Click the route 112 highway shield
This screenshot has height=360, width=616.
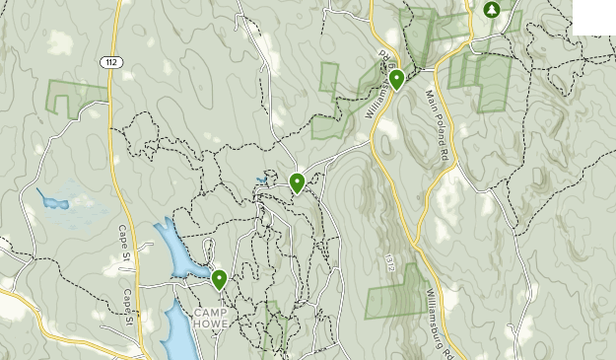[109, 62]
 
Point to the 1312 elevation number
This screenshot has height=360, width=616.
[391, 262]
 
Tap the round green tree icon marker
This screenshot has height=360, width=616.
[491, 10]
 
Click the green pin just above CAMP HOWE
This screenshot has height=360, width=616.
[219, 280]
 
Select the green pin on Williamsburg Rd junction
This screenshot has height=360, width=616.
[396, 79]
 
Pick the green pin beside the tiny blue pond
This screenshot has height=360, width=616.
[297, 182]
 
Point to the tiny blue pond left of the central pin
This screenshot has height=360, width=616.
[261, 181]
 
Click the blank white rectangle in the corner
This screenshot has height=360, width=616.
[593, 17]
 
